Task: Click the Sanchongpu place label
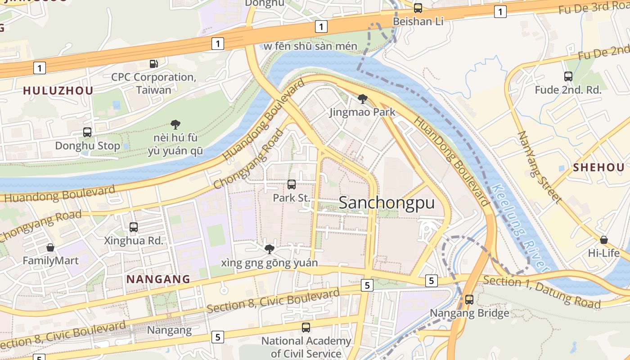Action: point(387,203)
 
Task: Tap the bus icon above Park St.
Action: point(292,184)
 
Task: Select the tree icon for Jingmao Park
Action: point(362,99)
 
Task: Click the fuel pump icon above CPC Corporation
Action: point(154,64)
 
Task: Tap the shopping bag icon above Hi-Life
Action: point(603,240)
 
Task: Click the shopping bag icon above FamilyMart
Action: point(50,247)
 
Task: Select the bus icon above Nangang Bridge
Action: point(469,299)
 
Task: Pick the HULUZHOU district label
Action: point(58,90)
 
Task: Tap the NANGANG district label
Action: point(158,279)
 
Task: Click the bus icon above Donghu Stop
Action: point(87,132)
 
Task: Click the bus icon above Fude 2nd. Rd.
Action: point(568,76)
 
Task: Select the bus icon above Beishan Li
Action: point(418,8)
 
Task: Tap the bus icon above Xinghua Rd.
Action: point(134,227)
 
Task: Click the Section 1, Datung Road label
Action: point(542,292)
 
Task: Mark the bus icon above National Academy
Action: point(306,328)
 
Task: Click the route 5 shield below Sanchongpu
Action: point(368,285)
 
